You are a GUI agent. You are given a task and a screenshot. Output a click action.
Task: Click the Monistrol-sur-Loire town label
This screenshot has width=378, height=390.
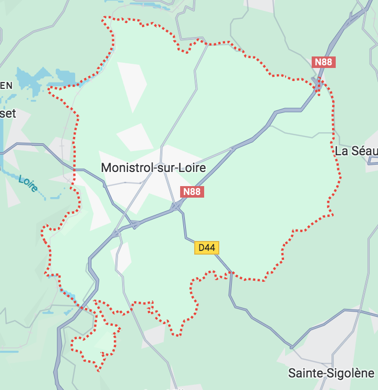153,168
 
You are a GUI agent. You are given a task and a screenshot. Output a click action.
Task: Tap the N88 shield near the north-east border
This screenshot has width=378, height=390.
323,62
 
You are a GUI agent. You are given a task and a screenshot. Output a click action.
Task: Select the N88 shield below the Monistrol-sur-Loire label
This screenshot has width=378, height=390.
192,192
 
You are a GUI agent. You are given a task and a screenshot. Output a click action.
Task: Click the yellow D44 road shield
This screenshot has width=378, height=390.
207,247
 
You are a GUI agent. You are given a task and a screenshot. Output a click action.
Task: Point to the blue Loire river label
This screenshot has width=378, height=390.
28,183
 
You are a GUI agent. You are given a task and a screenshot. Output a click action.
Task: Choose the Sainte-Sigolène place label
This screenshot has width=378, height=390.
331,373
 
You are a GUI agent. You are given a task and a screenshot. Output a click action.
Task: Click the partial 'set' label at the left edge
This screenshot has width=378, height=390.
8,113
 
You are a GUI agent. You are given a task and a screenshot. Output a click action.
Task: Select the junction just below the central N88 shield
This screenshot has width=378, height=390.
177,208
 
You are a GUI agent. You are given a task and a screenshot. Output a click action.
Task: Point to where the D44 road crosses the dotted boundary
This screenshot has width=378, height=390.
230,273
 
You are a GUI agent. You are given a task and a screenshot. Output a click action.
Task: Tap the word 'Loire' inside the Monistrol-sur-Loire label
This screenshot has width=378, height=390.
192,168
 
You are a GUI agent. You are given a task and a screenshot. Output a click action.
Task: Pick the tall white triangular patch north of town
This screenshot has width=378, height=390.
132,84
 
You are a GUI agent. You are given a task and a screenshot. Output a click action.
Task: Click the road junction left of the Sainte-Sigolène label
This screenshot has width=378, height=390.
292,347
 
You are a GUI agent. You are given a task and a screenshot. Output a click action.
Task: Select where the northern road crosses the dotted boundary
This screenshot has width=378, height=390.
207,44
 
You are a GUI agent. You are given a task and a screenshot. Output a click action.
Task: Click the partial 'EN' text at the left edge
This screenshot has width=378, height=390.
6,86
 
